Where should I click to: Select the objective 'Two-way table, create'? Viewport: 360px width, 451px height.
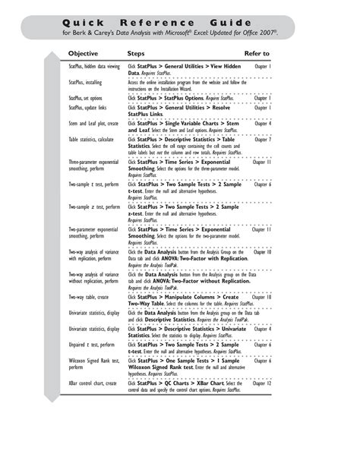click(88, 298)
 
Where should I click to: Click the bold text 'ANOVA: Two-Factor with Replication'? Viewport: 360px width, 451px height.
click(191, 258)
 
